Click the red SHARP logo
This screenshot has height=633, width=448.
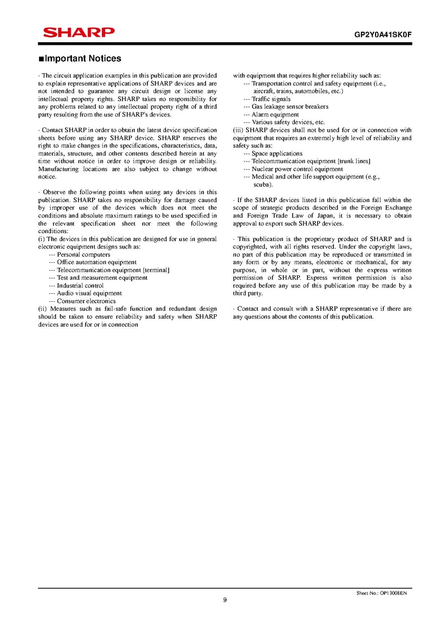click(78, 33)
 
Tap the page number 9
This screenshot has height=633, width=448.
click(225, 599)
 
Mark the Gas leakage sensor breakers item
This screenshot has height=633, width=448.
click(290, 107)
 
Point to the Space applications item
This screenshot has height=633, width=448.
click(277, 154)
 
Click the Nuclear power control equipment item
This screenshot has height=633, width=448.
click(297, 169)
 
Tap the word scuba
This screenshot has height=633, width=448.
click(263, 185)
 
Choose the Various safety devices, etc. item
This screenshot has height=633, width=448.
click(288, 122)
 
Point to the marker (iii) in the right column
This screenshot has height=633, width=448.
click(238, 130)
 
